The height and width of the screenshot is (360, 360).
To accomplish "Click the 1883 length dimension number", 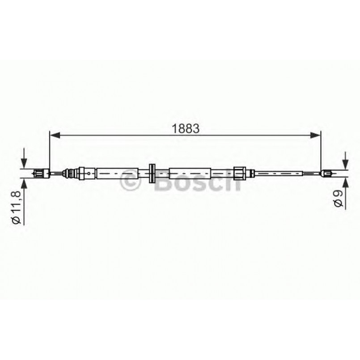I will [186, 128].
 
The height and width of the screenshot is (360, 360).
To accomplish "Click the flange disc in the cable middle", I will [152, 173].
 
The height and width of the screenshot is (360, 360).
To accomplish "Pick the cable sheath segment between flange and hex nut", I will [190, 173].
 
